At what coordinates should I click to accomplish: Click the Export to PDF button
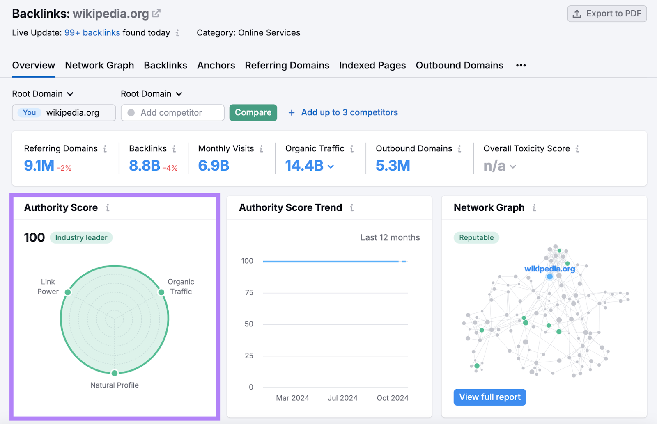click(607, 14)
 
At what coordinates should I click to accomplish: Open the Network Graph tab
click(99, 65)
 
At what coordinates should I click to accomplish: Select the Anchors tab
click(216, 65)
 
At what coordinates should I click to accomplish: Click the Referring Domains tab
click(287, 65)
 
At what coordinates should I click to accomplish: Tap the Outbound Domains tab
click(459, 65)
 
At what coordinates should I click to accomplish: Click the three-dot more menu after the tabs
click(521, 65)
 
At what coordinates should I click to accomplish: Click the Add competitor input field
click(172, 113)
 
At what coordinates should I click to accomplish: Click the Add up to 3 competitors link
click(349, 112)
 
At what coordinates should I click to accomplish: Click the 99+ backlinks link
click(92, 33)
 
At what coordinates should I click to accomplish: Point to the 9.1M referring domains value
click(39, 166)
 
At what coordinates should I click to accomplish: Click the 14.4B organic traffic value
click(305, 166)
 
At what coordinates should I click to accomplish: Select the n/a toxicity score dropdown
click(499, 166)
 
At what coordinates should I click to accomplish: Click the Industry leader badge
click(81, 237)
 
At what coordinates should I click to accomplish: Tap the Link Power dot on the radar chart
click(68, 292)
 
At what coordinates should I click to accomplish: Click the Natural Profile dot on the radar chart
click(115, 373)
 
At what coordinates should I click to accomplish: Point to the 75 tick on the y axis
click(249, 292)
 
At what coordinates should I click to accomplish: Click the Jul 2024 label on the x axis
click(342, 398)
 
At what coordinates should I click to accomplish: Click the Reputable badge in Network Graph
click(476, 237)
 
